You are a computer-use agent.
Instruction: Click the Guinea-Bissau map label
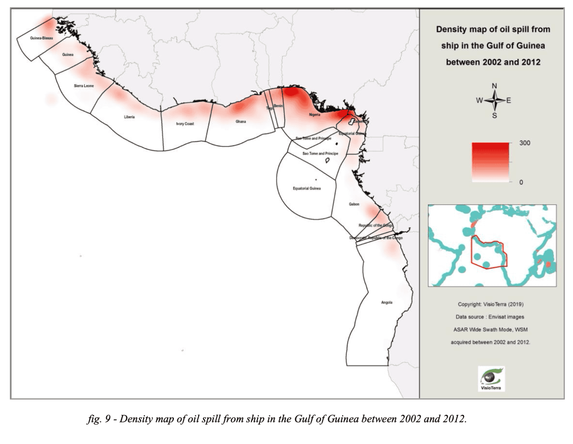point(41,38)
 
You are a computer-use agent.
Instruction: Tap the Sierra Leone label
point(84,86)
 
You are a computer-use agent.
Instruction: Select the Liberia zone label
point(129,117)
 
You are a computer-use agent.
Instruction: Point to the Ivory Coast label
point(185,124)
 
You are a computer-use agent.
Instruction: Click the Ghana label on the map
point(241,121)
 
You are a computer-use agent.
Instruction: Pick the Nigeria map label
point(314,115)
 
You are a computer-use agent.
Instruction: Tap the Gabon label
point(354,204)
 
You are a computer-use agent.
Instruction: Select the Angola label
point(387,302)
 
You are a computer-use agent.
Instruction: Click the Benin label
point(278,106)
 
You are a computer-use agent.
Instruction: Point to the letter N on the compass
point(494,86)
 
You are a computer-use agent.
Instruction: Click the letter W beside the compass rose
point(479,100)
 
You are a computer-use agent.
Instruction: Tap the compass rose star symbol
point(494,100)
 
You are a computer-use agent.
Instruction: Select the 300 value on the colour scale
point(524,143)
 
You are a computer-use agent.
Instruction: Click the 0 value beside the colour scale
point(521,182)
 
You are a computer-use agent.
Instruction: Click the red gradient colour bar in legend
point(490,162)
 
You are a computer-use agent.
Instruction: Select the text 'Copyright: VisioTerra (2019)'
point(491,304)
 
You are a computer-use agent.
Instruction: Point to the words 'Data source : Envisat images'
point(490,317)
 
